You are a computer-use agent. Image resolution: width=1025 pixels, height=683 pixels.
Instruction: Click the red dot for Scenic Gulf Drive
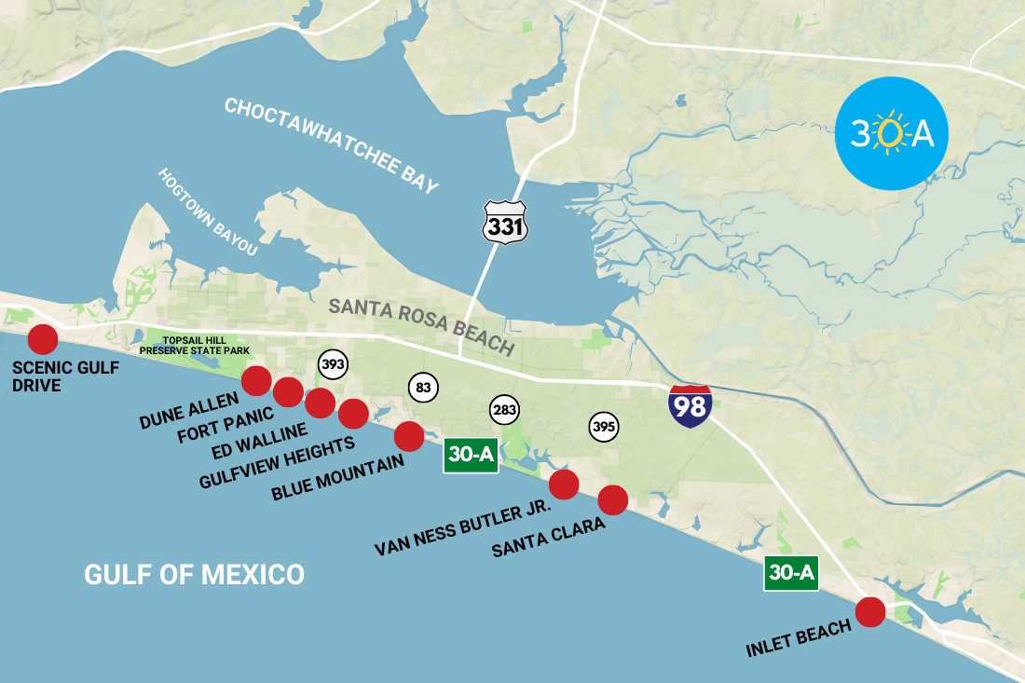(42, 339)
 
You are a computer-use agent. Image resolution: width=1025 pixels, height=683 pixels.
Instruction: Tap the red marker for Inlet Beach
(869, 612)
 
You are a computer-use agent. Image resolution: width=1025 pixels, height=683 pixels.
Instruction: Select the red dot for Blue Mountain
(409, 435)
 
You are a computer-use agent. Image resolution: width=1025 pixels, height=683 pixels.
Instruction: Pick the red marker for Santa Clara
(612, 500)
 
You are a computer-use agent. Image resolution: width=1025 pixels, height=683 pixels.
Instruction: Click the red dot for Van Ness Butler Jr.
(564, 485)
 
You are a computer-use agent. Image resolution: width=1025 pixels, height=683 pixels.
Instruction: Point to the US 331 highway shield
(505, 223)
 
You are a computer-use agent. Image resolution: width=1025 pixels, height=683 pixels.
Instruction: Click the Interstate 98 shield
(690, 405)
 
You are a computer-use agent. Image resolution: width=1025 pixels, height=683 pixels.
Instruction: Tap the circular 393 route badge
(333, 364)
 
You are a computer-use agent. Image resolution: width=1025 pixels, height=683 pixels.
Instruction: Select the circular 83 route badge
(423, 387)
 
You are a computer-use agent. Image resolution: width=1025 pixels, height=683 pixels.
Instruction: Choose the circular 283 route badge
(504, 409)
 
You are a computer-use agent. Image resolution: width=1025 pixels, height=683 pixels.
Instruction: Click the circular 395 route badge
(603, 427)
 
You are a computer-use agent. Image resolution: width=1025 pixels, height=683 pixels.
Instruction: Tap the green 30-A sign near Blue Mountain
(471, 456)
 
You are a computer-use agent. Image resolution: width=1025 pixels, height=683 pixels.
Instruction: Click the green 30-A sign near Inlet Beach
(791, 573)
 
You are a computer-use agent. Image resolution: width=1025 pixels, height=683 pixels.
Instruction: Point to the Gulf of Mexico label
(194, 574)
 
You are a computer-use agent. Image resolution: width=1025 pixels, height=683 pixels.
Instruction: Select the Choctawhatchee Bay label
(331, 145)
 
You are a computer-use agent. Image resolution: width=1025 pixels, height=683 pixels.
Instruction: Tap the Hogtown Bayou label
(207, 212)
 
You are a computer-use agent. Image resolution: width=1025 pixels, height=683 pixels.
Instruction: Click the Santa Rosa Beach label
(421, 327)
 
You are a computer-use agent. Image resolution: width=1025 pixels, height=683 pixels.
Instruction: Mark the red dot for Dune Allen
(256, 380)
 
